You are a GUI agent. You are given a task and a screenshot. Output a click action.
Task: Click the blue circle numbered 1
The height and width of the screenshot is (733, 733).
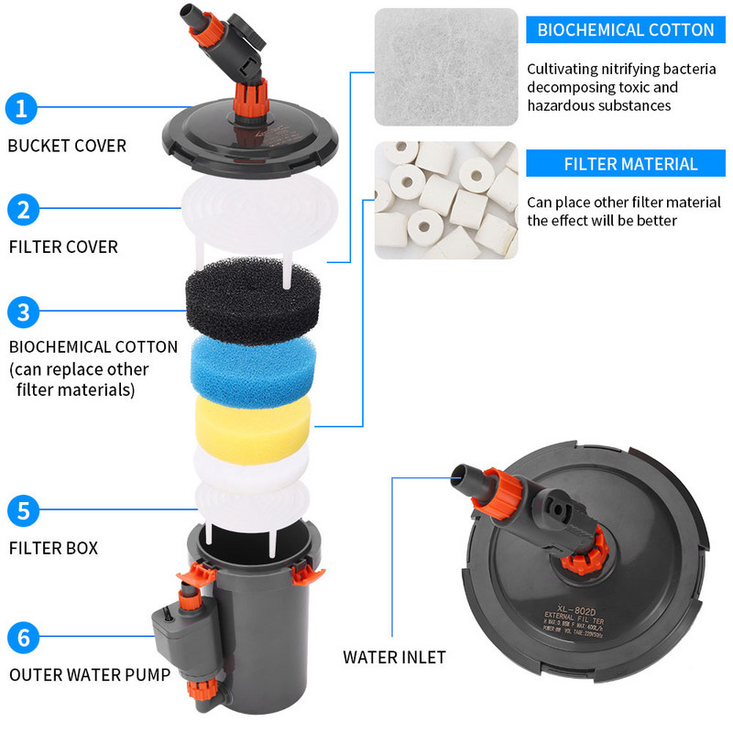pos(22,109)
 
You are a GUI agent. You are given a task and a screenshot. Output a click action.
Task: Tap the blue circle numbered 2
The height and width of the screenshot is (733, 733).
pos(22,210)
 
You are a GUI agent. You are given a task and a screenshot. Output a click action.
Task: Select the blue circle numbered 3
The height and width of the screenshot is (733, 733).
pos(22,312)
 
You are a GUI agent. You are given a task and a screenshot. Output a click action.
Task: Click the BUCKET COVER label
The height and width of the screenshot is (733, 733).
pos(67,146)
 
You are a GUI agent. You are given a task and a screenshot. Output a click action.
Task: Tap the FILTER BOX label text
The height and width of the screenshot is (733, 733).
pos(53,549)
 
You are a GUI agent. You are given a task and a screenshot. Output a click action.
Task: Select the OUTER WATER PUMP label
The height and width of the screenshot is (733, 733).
pos(89,675)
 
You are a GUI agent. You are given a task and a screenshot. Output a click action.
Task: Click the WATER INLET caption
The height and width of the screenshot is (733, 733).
pos(394,657)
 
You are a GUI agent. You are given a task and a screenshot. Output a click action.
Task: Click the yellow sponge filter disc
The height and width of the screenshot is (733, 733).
pos(251,420)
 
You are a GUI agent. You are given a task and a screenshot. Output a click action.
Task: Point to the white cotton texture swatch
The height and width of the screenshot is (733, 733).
pos(446,67)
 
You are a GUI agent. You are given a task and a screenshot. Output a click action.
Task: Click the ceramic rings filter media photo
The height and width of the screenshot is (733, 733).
pos(446,200)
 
